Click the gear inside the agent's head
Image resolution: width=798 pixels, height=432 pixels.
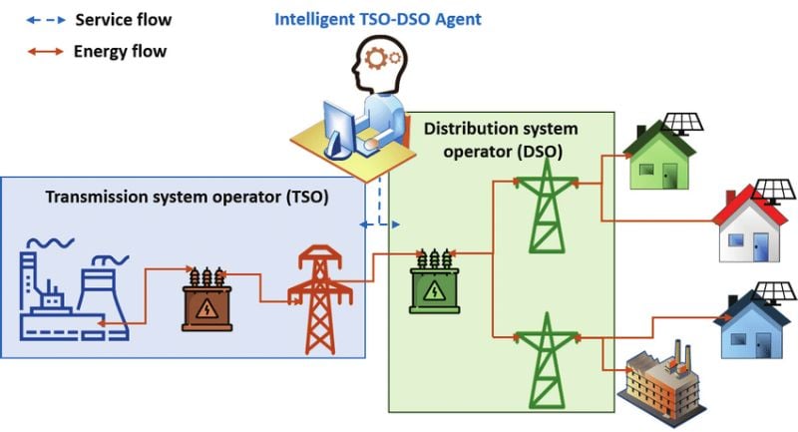(x=381, y=57)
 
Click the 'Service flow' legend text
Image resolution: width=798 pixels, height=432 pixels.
(x=121, y=19)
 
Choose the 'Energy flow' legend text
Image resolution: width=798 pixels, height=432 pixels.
(x=121, y=51)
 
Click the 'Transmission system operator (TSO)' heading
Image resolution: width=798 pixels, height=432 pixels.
(x=188, y=196)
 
